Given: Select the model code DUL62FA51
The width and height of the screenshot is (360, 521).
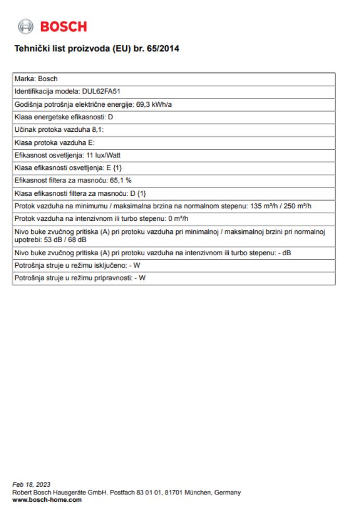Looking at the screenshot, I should click(x=102, y=91).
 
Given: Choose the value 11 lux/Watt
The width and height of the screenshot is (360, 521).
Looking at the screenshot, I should click(x=103, y=155).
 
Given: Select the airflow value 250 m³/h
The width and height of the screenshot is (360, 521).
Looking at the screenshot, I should click(x=300, y=205).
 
